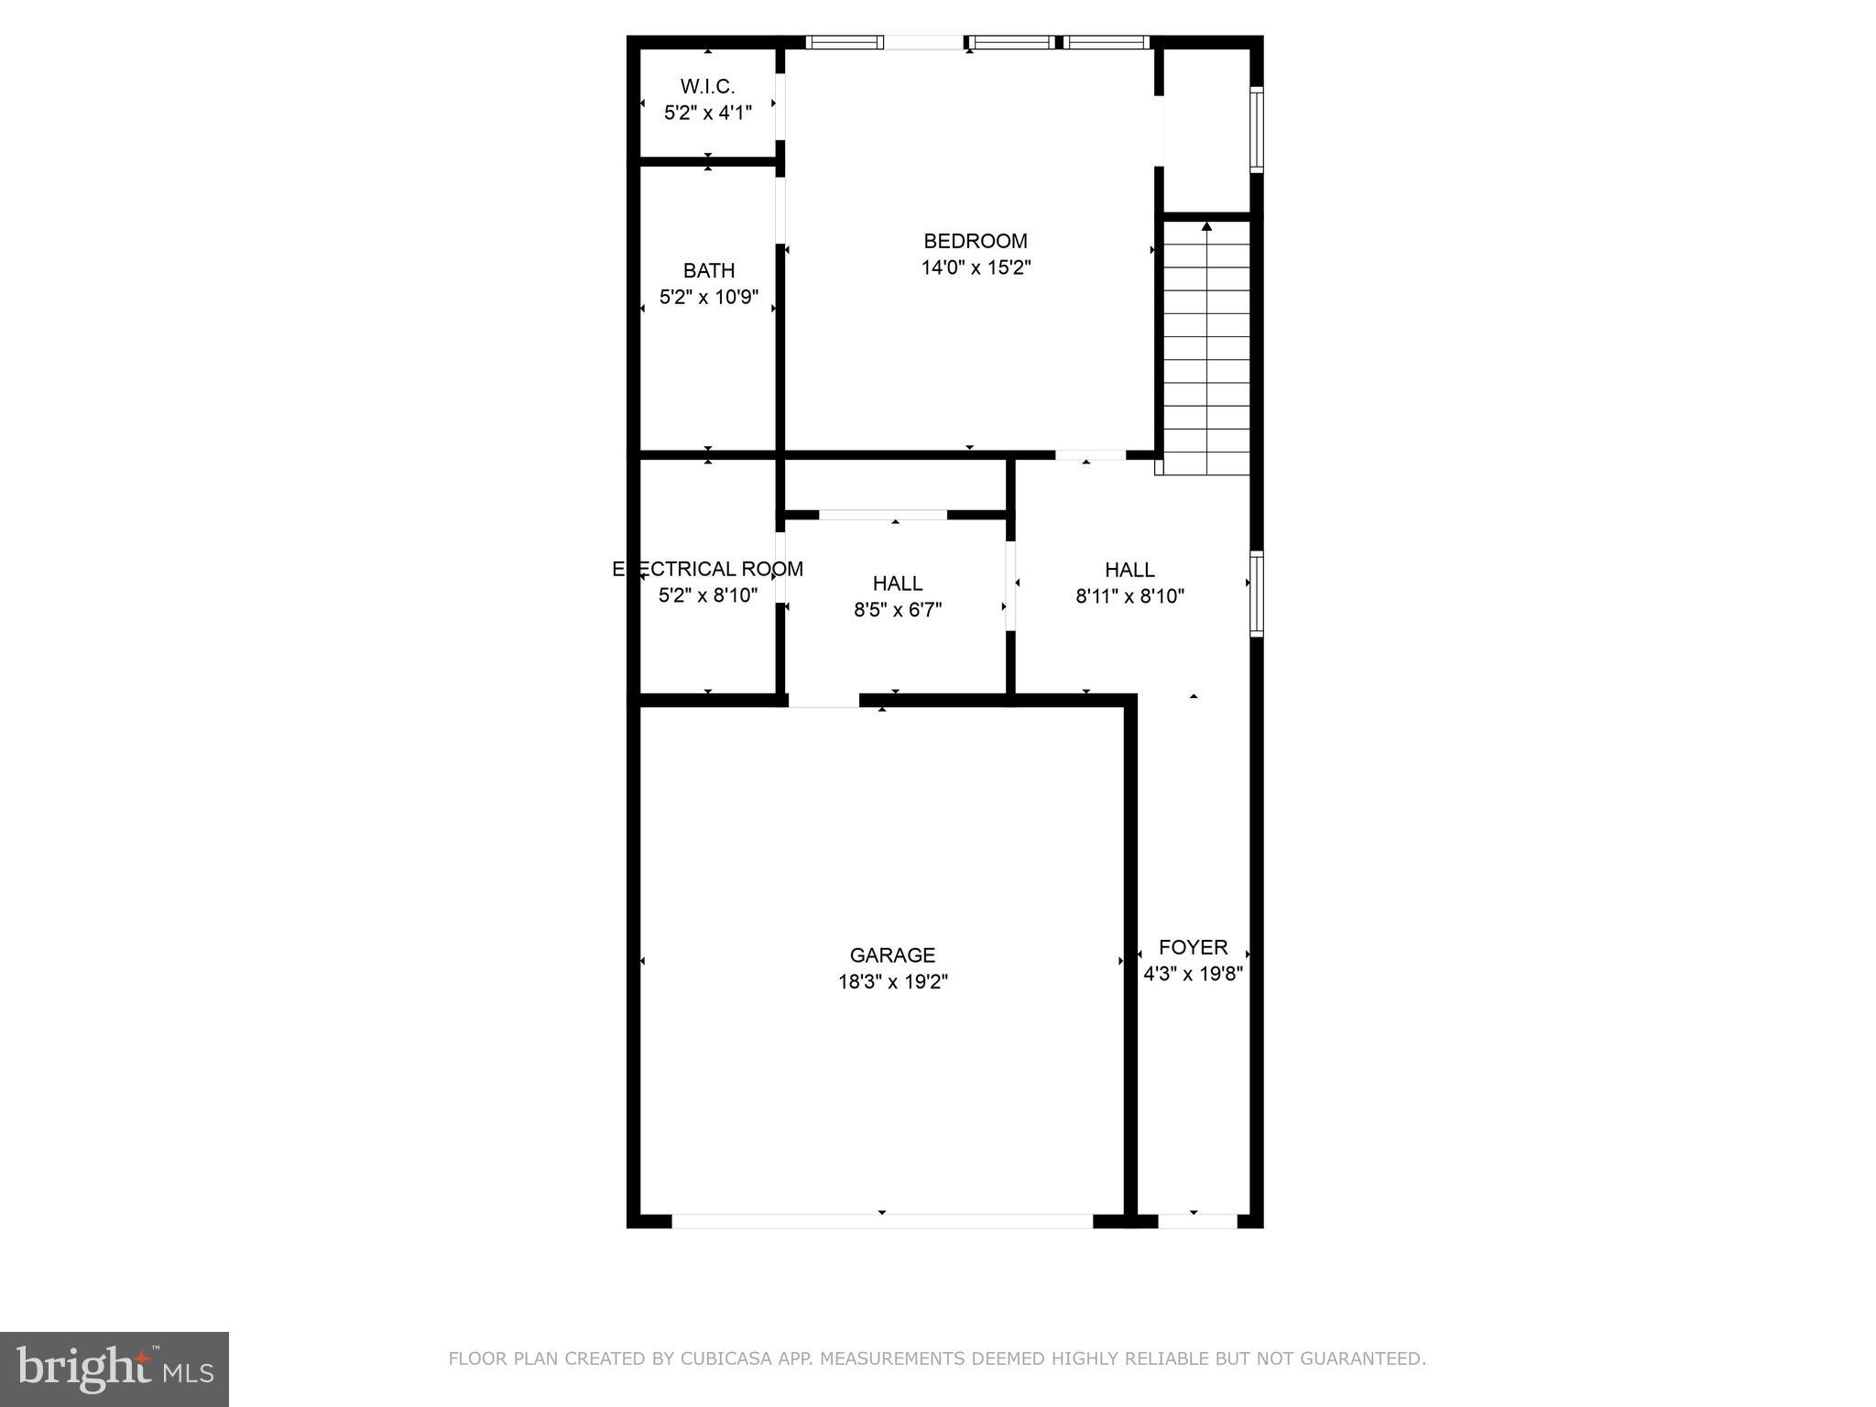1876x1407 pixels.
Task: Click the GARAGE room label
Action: click(892, 955)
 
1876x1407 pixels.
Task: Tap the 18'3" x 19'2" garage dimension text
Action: click(892, 982)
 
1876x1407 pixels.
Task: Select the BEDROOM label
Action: click(976, 241)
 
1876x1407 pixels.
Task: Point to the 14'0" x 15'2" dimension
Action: click(976, 267)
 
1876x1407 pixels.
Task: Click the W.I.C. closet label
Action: click(707, 86)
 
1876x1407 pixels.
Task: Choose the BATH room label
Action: click(709, 270)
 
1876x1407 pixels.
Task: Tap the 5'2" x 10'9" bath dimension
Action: click(709, 297)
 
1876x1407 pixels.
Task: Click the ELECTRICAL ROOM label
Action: click(708, 569)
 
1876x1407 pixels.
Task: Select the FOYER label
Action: click(1193, 947)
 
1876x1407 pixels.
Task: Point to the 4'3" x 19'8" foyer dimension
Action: click(1193, 974)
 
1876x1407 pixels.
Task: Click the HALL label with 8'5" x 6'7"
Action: click(898, 584)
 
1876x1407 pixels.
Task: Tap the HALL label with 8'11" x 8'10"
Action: click(1129, 570)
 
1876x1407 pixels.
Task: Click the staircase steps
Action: click(1206, 366)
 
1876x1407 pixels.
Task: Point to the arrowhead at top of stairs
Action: click(1206, 226)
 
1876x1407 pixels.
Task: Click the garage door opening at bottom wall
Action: click(882, 1221)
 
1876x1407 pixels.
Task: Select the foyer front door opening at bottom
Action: click(1197, 1221)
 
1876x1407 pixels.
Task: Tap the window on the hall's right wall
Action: click(1257, 594)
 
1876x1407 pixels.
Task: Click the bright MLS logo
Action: click(115, 1369)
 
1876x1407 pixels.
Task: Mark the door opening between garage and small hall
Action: click(823, 701)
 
